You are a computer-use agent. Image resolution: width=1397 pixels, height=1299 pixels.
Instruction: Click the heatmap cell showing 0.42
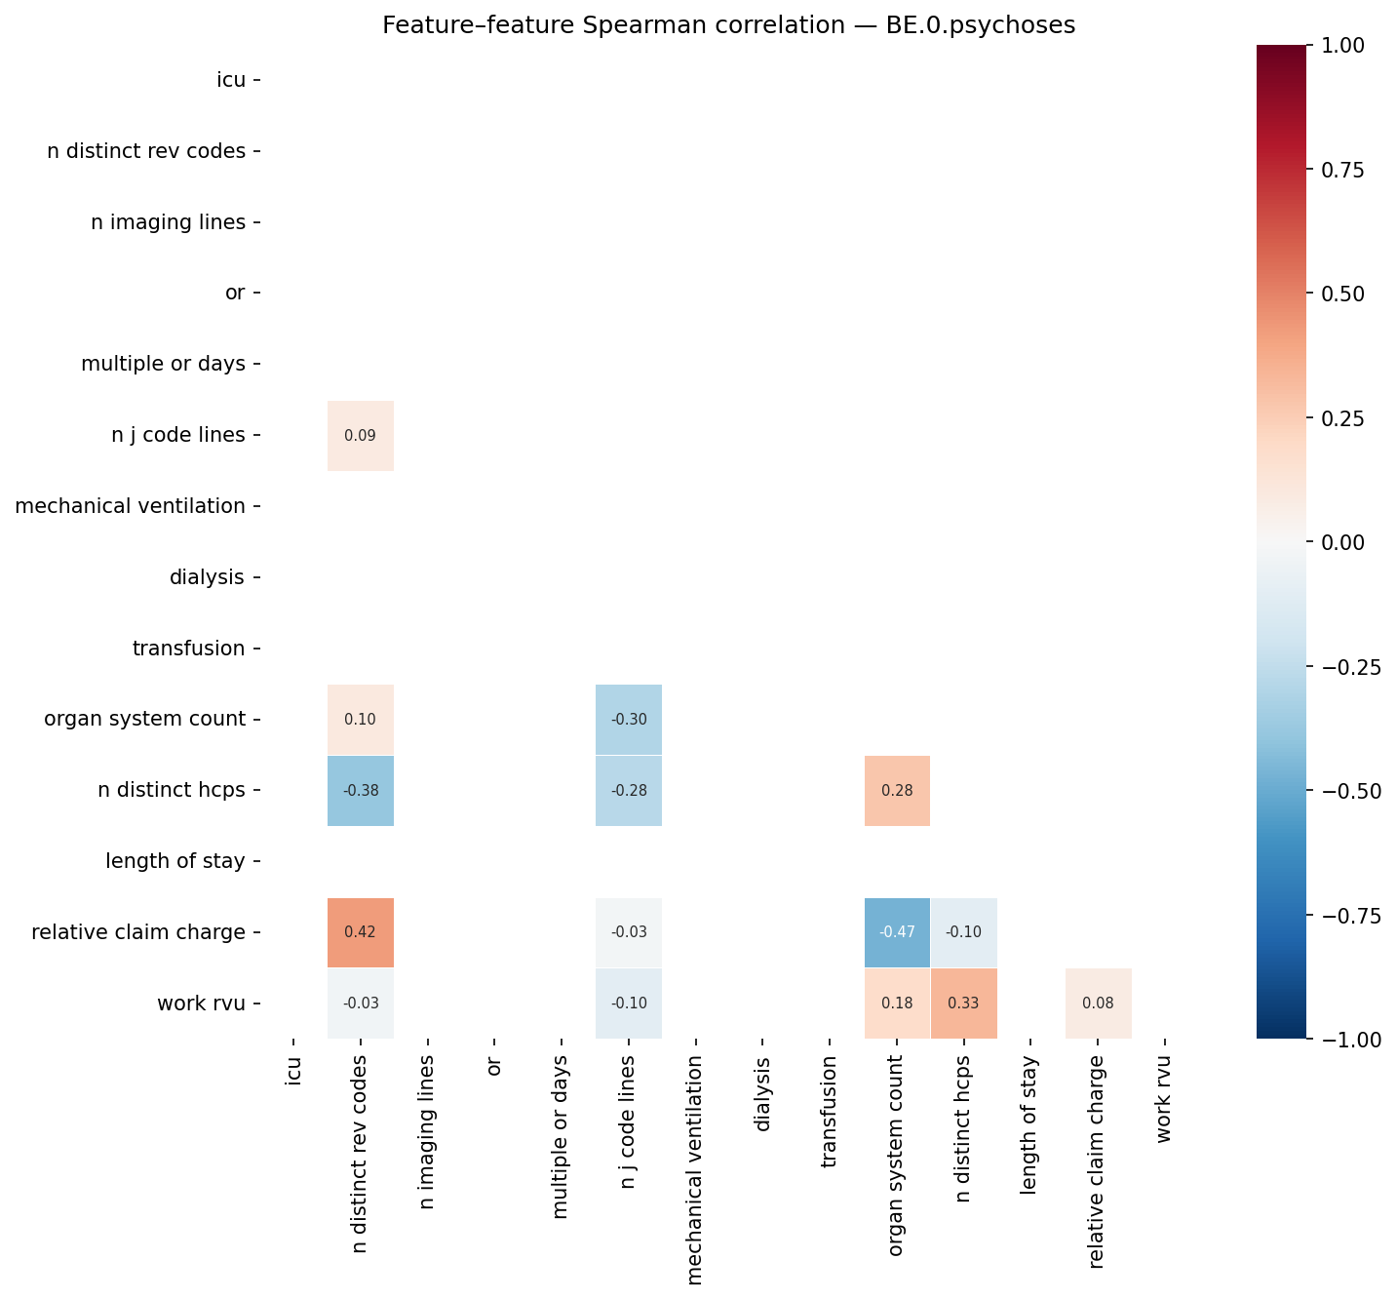[361, 932]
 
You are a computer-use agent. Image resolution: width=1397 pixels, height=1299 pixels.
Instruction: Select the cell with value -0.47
[897, 932]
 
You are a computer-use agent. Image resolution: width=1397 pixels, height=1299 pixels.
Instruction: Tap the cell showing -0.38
[361, 791]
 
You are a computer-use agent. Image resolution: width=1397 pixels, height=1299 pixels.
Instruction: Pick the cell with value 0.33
[963, 1004]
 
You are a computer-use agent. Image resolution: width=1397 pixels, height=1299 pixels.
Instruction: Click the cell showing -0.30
[629, 720]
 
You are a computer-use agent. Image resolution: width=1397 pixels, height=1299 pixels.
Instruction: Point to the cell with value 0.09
[361, 436]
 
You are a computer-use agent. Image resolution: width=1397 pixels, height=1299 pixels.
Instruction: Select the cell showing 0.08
[1098, 1004]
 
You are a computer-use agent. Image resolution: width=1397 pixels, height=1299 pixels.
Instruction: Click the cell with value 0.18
[897, 1004]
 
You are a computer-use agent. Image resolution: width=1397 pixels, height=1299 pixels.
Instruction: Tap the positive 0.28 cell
[897, 791]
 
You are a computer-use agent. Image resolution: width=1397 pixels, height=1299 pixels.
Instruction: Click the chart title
[728, 25]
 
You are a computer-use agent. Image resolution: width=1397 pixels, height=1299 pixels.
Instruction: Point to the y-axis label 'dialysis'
[207, 577]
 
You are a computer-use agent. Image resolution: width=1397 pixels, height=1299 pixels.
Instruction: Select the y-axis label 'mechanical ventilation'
[131, 506]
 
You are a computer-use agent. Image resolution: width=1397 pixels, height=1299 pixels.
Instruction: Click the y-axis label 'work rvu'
[201, 1004]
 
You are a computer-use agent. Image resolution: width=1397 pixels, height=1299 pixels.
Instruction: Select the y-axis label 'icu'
[231, 80]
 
